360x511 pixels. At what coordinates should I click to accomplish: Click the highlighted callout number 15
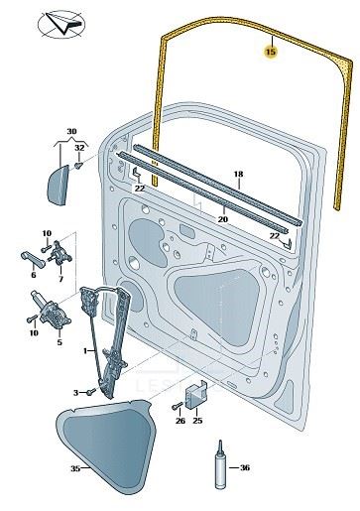[x=271, y=52]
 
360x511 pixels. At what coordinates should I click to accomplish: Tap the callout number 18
[x=238, y=174]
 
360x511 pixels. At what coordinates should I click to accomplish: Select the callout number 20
[x=223, y=219]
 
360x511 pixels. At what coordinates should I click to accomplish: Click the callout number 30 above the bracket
[x=71, y=131]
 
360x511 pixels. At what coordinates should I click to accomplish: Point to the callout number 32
[x=79, y=148]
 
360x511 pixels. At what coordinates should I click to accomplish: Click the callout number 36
[x=245, y=467]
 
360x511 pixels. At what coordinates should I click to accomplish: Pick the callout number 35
[x=75, y=468]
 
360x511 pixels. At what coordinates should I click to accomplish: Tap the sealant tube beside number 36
[x=220, y=464]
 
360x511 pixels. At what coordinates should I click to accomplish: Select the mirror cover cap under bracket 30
[x=58, y=186]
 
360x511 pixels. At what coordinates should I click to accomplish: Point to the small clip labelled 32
[x=78, y=165]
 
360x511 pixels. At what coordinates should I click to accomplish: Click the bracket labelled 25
[x=195, y=395]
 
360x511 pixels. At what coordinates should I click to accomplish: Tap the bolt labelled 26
[x=178, y=406]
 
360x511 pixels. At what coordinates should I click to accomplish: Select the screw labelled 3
[x=90, y=392]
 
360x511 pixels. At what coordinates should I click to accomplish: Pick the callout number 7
[x=60, y=279]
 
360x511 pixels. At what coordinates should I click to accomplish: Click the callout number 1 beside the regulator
[x=85, y=350]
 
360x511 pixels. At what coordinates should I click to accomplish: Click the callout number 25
[x=197, y=421]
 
